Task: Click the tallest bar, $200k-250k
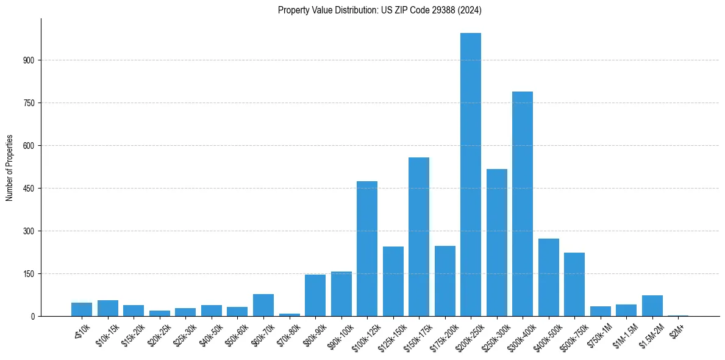pos(470,175)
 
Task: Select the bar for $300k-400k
pos(522,204)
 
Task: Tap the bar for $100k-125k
pos(366,248)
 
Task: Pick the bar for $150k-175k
pos(418,237)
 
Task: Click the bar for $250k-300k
pos(496,242)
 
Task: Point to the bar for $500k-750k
pos(574,284)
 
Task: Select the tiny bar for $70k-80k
pos(289,314)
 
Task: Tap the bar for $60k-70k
pos(263,305)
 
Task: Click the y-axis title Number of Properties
pos(9,167)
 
